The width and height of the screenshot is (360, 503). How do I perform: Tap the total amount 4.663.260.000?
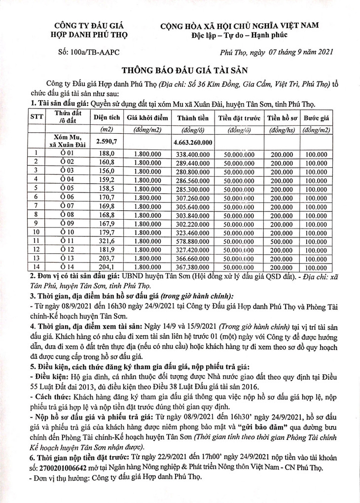click(x=193, y=142)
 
